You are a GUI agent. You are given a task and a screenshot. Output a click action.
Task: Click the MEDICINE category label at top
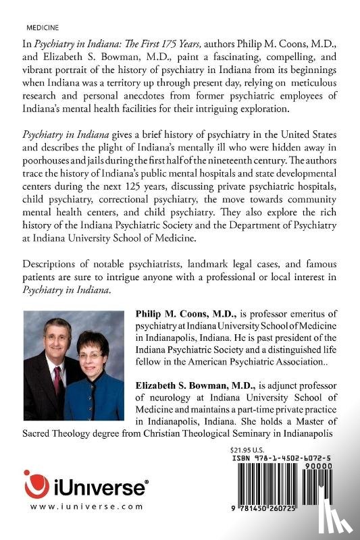pos(41,30)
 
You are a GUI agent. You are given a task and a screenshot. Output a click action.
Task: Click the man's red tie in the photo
pos(58,378)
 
